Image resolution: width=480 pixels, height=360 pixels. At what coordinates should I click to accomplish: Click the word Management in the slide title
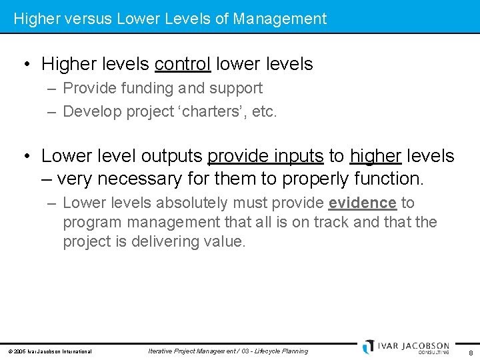point(280,19)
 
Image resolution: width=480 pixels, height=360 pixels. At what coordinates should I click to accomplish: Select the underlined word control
point(182,64)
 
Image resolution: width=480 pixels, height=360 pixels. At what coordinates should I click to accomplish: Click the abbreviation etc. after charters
point(264,111)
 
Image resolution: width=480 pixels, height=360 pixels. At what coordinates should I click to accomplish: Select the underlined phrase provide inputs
point(265,156)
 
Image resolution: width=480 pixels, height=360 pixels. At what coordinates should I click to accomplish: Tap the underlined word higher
point(375,156)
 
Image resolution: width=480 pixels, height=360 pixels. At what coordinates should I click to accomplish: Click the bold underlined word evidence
point(363,203)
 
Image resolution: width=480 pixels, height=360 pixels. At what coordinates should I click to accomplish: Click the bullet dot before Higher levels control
point(25,65)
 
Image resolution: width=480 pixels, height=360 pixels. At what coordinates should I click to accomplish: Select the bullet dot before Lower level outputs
point(25,157)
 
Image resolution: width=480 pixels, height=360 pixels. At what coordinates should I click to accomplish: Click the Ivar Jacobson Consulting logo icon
point(369,347)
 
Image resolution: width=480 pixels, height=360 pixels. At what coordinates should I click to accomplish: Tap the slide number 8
point(471,353)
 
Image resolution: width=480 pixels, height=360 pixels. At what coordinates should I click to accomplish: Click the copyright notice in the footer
point(50,351)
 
